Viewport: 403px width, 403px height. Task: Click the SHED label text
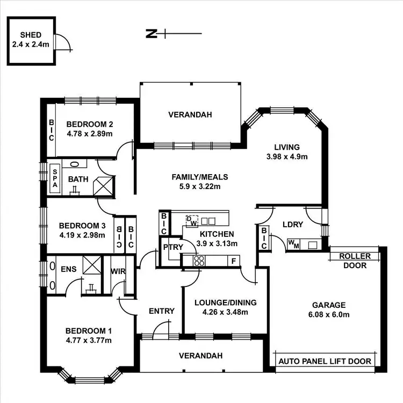pyautogui.click(x=31, y=35)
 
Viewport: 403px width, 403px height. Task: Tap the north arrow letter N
pyautogui.click(x=151, y=34)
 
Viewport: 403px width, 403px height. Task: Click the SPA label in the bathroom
pyautogui.click(x=55, y=177)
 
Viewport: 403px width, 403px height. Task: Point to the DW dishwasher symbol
pyautogui.click(x=192, y=220)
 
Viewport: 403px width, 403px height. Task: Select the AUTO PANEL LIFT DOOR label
pyautogui.click(x=325, y=361)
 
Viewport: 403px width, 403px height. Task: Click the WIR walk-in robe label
pyautogui.click(x=118, y=272)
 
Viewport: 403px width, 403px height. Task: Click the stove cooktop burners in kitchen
pyautogui.click(x=198, y=261)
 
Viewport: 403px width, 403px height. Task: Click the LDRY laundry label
pyautogui.click(x=293, y=224)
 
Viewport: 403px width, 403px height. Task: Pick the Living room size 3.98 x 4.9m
pyautogui.click(x=286, y=157)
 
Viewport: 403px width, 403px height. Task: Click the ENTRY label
pyautogui.click(x=161, y=311)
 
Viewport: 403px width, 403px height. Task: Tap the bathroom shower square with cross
pyautogui.click(x=104, y=186)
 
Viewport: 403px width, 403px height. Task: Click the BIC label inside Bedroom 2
pyautogui.click(x=52, y=129)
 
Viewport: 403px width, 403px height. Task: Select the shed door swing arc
pyautogui.click(x=63, y=41)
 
